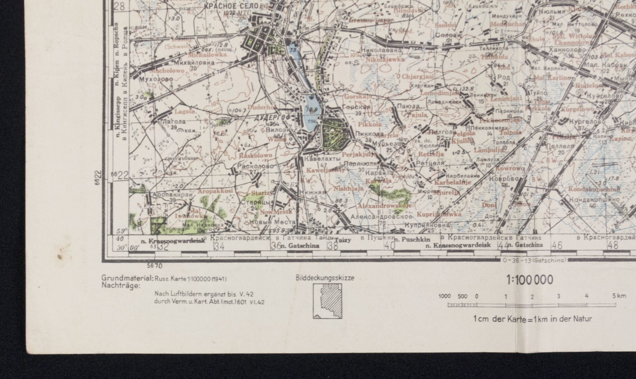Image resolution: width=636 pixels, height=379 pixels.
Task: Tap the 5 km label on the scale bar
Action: [619, 296]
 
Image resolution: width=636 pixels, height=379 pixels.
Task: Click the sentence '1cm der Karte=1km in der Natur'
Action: [533, 319]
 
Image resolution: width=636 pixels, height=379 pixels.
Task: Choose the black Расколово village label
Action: [255, 166]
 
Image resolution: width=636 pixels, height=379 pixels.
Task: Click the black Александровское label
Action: [381, 216]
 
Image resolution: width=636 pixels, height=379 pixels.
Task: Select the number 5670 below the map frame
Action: [155, 266]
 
